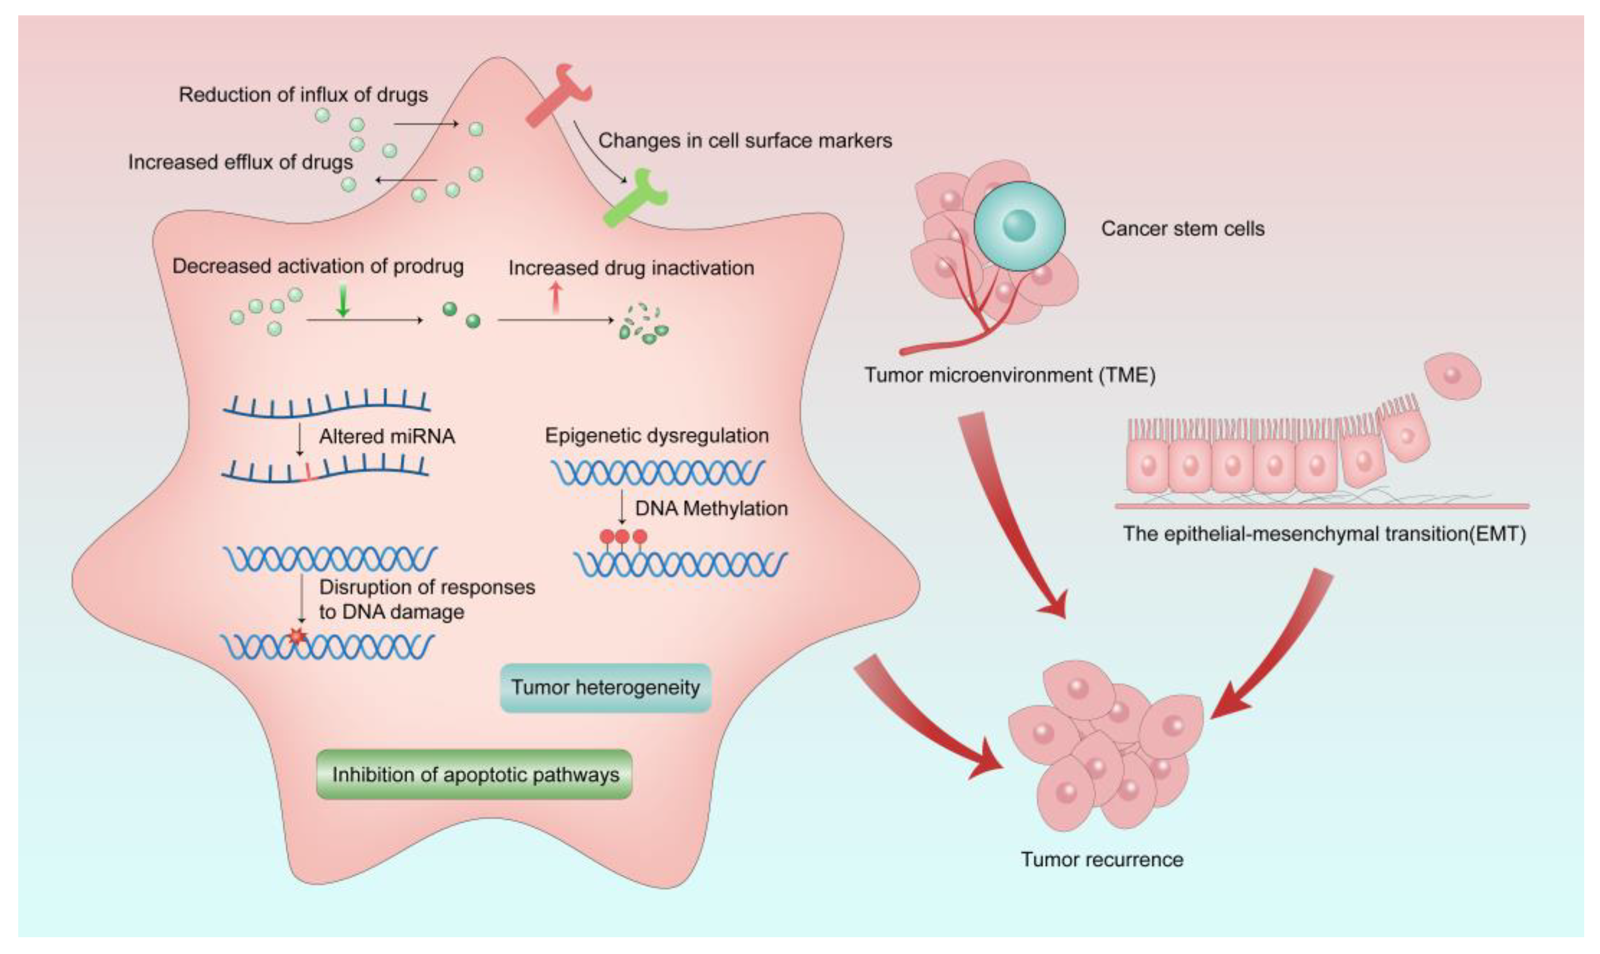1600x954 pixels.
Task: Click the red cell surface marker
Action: coord(556,94)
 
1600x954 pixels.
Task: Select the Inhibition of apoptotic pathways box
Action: coord(475,775)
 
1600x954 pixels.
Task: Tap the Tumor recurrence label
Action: coord(1102,860)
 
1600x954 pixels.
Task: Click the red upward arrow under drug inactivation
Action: coord(556,299)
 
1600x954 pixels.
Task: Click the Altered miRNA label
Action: coord(387,437)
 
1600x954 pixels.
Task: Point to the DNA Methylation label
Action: coord(711,509)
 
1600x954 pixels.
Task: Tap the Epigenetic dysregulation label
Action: coord(656,435)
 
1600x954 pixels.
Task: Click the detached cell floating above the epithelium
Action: coord(1452,376)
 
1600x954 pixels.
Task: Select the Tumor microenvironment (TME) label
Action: coord(1010,375)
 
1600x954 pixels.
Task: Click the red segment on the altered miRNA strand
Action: coord(308,471)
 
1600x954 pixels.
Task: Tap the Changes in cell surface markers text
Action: coord(746,141)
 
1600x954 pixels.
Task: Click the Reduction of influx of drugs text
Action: coord(303,94)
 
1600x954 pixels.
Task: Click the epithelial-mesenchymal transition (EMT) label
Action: coord(1324,534)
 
